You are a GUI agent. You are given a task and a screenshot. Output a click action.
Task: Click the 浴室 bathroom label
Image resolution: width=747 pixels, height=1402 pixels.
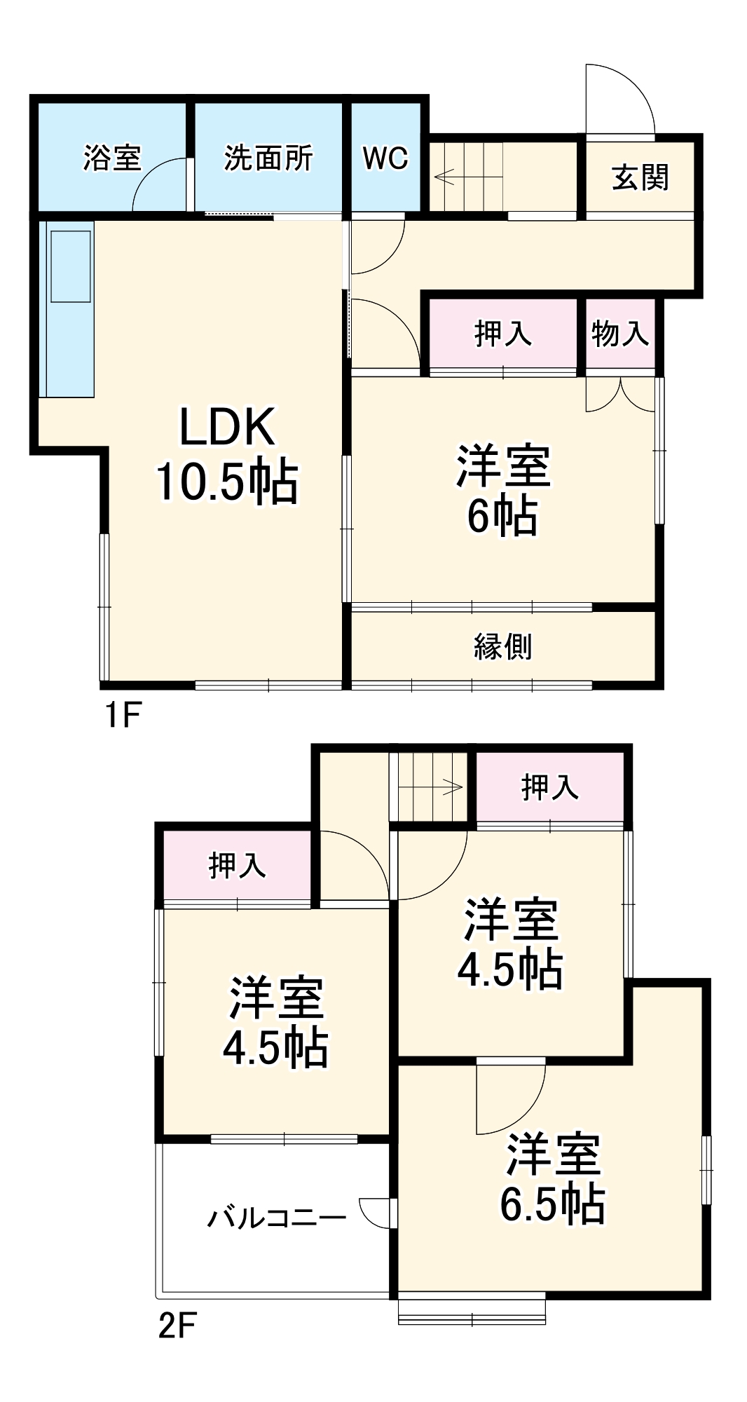[x=112, y=158]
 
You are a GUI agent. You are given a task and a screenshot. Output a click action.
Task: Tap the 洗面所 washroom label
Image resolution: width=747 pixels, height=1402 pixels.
[x=268, y=158]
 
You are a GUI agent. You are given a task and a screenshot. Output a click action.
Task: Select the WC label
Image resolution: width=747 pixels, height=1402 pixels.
[x=385, y=158]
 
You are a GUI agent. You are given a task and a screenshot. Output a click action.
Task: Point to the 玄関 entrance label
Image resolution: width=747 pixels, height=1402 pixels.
[x=640, y=177]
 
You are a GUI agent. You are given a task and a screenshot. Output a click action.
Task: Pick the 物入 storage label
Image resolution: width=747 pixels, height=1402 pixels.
[x=620, y=333]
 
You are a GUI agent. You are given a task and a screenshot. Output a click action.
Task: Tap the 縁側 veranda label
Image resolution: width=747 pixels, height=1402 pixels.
[x=502, y=646]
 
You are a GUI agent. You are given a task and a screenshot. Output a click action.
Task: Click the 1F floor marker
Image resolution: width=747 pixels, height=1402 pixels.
[x=123, y=715]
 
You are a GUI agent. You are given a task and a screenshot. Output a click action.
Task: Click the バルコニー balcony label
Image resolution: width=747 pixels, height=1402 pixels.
[x=277, y=1218]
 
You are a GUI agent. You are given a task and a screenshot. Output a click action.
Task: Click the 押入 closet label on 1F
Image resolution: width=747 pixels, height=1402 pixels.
[x=502, y=333]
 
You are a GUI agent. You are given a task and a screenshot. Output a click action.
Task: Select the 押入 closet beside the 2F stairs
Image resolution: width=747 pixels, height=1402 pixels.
[x=550, y=787]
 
